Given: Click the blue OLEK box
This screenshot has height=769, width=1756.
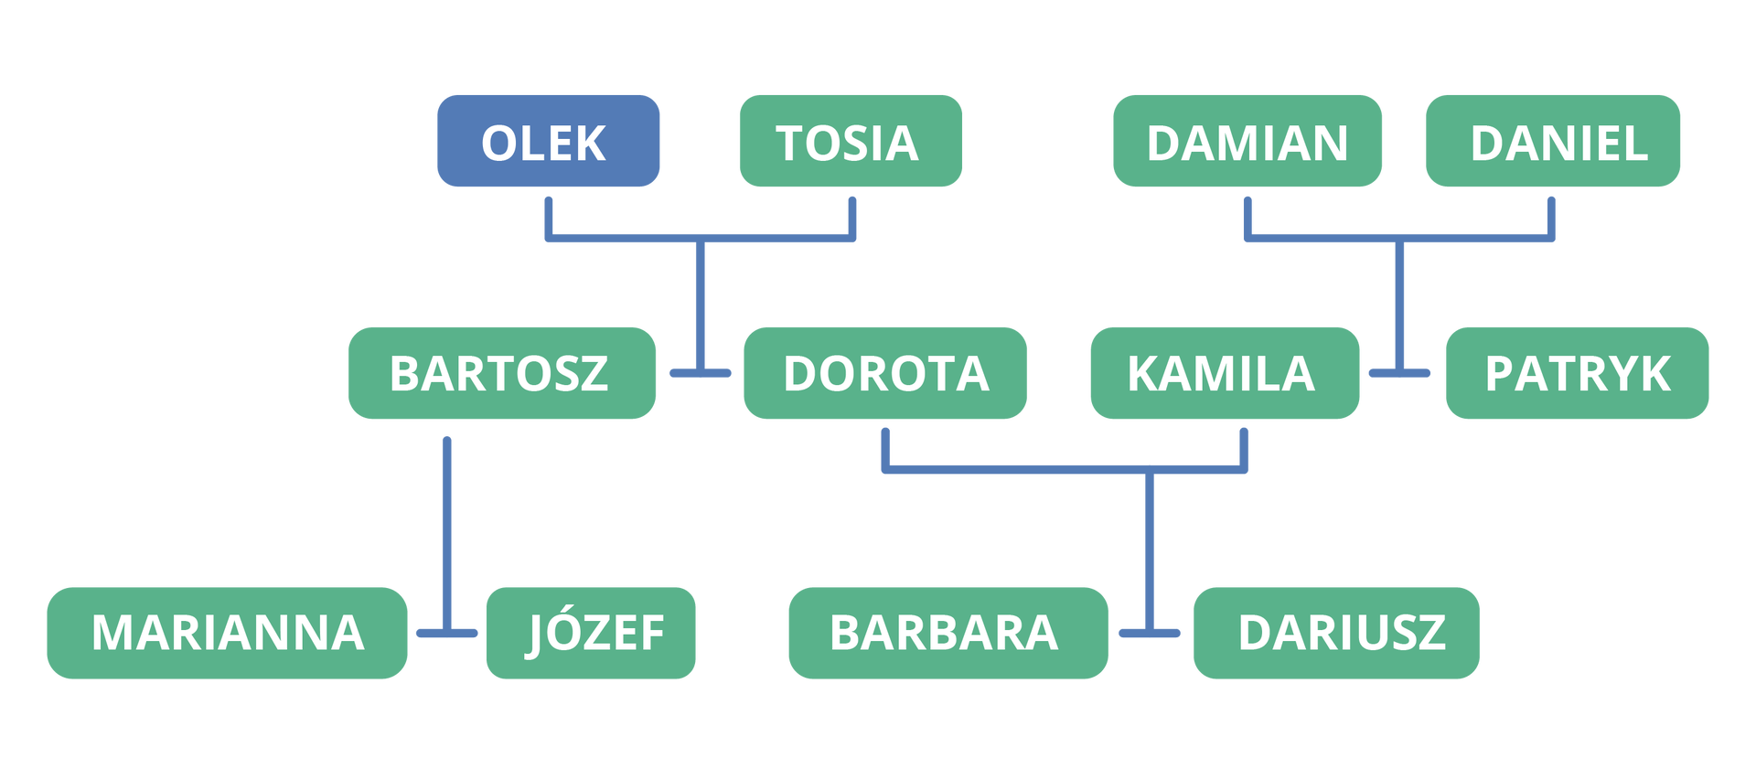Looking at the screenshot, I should click(x=547, y=141).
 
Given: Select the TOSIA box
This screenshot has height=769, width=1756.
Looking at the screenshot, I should click(x=850, y=141).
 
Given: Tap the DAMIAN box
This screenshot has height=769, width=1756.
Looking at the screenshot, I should click(x=1247, y=141).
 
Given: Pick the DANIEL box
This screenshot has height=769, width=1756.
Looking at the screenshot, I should click(x=1552, y=141).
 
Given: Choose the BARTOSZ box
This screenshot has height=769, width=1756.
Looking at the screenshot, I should click(x=501, y=372).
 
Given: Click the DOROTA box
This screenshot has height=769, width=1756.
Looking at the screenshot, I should click(x=884, y=372).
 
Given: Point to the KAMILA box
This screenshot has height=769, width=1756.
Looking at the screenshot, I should click(x=1224, y=372).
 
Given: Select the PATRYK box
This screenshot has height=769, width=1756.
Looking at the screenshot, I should click(x=1577, y=372).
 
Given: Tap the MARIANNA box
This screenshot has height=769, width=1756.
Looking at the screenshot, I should click(x=227, y=633).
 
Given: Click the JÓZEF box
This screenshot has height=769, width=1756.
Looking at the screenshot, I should click(x=590, y=633).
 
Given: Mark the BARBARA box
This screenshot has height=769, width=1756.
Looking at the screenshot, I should click(x=948, y=633).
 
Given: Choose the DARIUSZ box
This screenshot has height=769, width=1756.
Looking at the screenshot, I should click(x=1336, y=633).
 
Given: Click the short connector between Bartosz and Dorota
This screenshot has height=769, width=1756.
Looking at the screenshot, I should click(x=700, y=373).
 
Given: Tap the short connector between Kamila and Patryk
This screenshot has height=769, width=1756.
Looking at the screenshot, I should click(x=1399, y=373).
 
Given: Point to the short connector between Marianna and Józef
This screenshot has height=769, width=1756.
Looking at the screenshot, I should click(x=446, y=633).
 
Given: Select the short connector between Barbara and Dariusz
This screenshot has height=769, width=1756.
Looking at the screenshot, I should click(x=1150, y=633).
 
